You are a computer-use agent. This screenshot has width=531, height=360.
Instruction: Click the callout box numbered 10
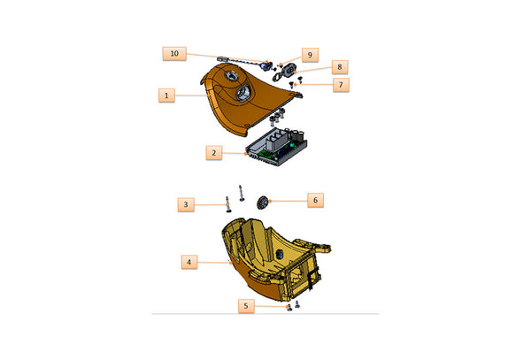point(174,54)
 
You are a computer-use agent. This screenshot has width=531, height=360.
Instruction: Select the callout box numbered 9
point(310,54)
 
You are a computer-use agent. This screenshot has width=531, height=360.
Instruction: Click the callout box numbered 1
point(165,95)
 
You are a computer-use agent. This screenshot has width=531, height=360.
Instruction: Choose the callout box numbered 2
point(214,153)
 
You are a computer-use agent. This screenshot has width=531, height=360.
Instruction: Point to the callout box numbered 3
point(185,204)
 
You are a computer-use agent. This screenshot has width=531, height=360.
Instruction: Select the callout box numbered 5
point(247,306)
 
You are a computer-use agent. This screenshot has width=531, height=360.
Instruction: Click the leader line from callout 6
point(287,202)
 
